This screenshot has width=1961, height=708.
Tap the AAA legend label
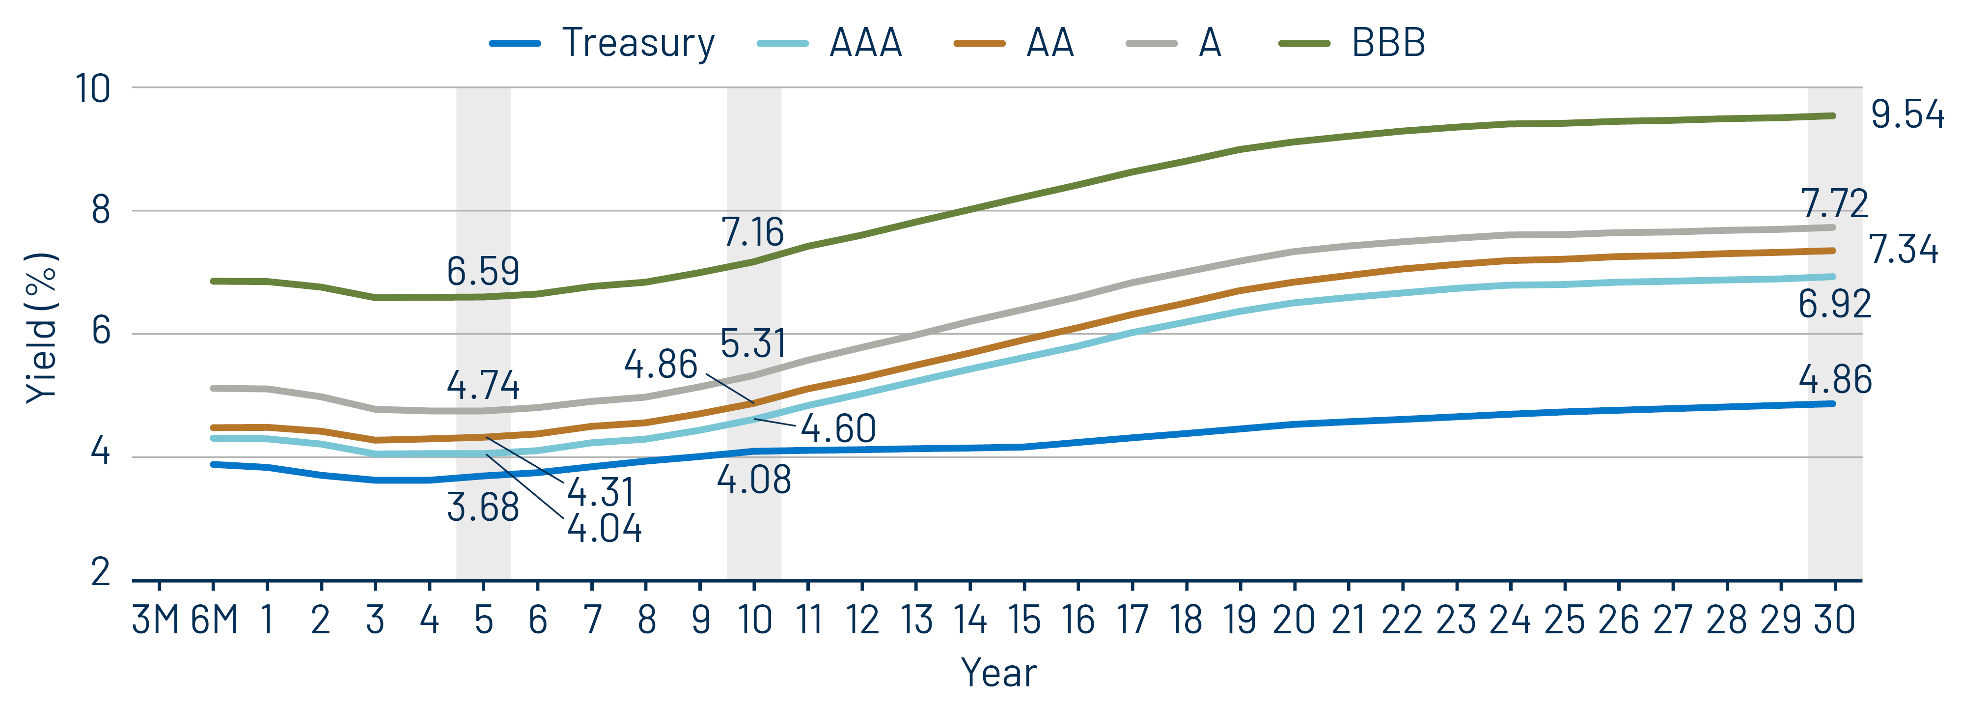coord(865,43)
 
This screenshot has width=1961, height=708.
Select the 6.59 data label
coord(483,272)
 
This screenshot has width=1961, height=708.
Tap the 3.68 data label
coord(483,507)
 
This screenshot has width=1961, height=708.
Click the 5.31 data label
coord(752,343)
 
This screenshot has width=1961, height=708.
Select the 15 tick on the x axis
coord(1024,620)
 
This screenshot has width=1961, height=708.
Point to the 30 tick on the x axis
coord(1834,620)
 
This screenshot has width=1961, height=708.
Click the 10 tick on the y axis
coord(93,89)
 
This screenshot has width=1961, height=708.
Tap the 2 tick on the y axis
coord(101,572)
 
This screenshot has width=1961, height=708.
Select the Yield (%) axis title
coord(42,327)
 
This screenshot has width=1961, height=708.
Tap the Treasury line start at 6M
coord(213,464)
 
